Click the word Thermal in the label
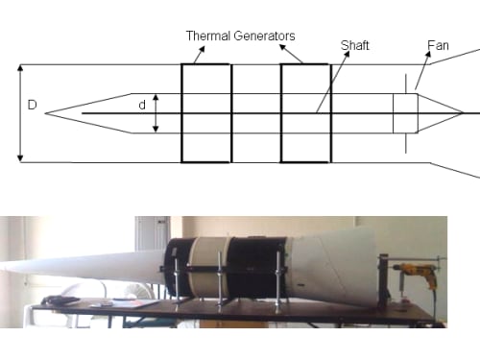coord(208,36)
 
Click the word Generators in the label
coord(265,36)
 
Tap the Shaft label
coord(355,45)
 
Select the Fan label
coord(438,45)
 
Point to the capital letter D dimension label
coord(33,105)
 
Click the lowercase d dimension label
coord(142,105)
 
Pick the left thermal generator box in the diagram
coord(205,113)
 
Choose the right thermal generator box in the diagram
coord(305,113)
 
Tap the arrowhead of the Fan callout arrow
coord(428,54)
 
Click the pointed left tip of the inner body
coord(45,113)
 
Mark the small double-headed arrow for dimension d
coord(156,113)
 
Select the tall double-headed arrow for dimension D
coord(20,113)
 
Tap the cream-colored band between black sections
coord(208,267)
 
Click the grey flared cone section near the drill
coord(334,267)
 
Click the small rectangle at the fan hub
coord(405,113)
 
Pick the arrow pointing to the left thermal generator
coord(199,55)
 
